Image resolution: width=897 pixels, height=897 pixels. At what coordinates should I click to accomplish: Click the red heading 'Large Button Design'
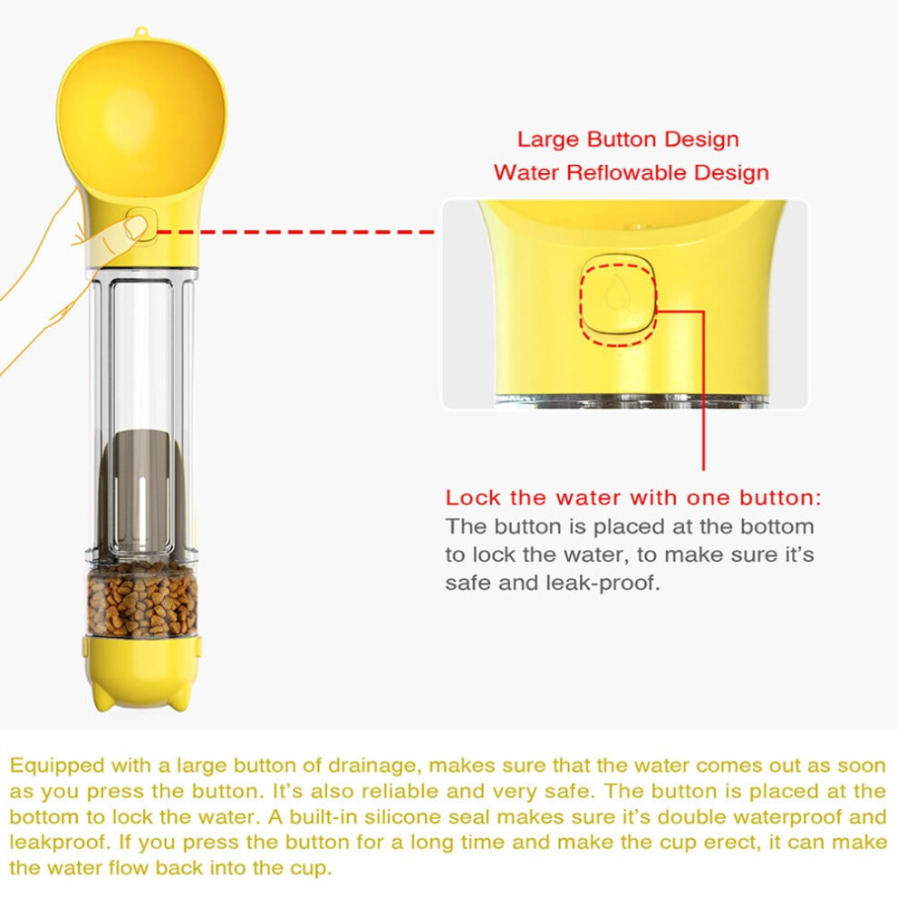click(x=628, y=140)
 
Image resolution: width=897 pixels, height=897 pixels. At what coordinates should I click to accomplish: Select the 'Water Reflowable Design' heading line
click(x=631, y=173)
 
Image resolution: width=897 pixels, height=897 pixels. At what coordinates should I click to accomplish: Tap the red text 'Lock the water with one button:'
click(x=633, y=497)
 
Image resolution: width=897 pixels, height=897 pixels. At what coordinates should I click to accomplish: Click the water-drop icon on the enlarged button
click(x=617, y=291)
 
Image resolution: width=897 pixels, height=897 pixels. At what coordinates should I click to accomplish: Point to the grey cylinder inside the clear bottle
click(x=141, y=492)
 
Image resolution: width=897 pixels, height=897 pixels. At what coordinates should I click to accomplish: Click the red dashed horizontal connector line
click(x=295, y=232)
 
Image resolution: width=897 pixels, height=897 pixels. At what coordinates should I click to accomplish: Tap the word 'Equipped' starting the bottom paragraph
click(x=57, y=767)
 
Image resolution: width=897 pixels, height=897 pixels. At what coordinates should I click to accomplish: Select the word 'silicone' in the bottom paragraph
click(x=406, y=817)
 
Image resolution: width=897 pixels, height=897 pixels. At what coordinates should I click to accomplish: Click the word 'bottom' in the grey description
click(x=776, y=526)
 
